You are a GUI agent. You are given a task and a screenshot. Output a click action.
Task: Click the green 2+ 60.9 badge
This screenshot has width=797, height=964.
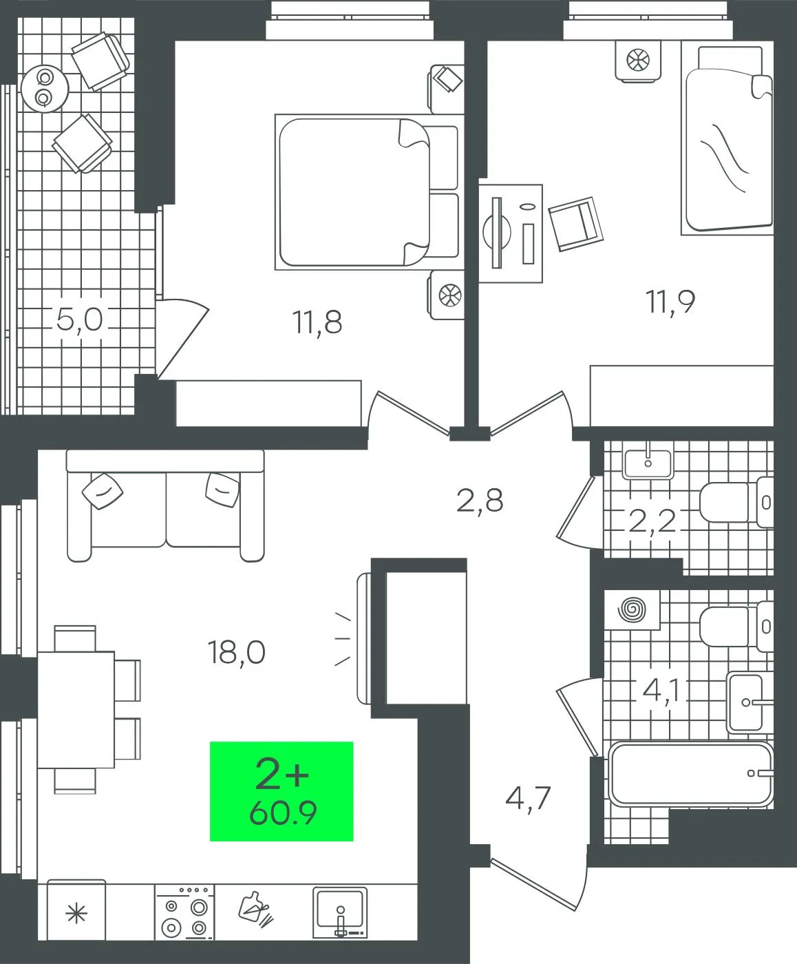281,791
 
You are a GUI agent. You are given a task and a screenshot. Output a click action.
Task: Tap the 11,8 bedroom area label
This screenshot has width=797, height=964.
317,322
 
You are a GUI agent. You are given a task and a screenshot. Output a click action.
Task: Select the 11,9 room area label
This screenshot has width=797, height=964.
670,302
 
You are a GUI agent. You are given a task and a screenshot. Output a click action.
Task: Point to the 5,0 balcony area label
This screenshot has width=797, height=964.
79,319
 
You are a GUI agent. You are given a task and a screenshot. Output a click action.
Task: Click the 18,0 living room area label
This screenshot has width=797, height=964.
237,653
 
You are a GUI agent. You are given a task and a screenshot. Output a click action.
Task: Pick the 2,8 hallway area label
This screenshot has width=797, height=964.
480,501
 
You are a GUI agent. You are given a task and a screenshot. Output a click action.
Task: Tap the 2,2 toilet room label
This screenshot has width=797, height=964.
652,521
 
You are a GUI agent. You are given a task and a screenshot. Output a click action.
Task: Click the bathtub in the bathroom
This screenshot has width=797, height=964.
690,774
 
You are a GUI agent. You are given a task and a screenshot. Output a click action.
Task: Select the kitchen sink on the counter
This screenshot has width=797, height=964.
340,912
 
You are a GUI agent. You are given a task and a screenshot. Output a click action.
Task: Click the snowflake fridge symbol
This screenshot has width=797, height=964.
76,914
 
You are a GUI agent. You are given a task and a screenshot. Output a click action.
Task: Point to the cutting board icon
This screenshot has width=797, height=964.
255,909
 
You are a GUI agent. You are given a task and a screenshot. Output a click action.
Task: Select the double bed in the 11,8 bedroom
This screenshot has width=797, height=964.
367,192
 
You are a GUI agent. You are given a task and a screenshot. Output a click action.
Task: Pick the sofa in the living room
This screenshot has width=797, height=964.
165,505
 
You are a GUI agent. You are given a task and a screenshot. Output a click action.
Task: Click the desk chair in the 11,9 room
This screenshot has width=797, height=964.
575,224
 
